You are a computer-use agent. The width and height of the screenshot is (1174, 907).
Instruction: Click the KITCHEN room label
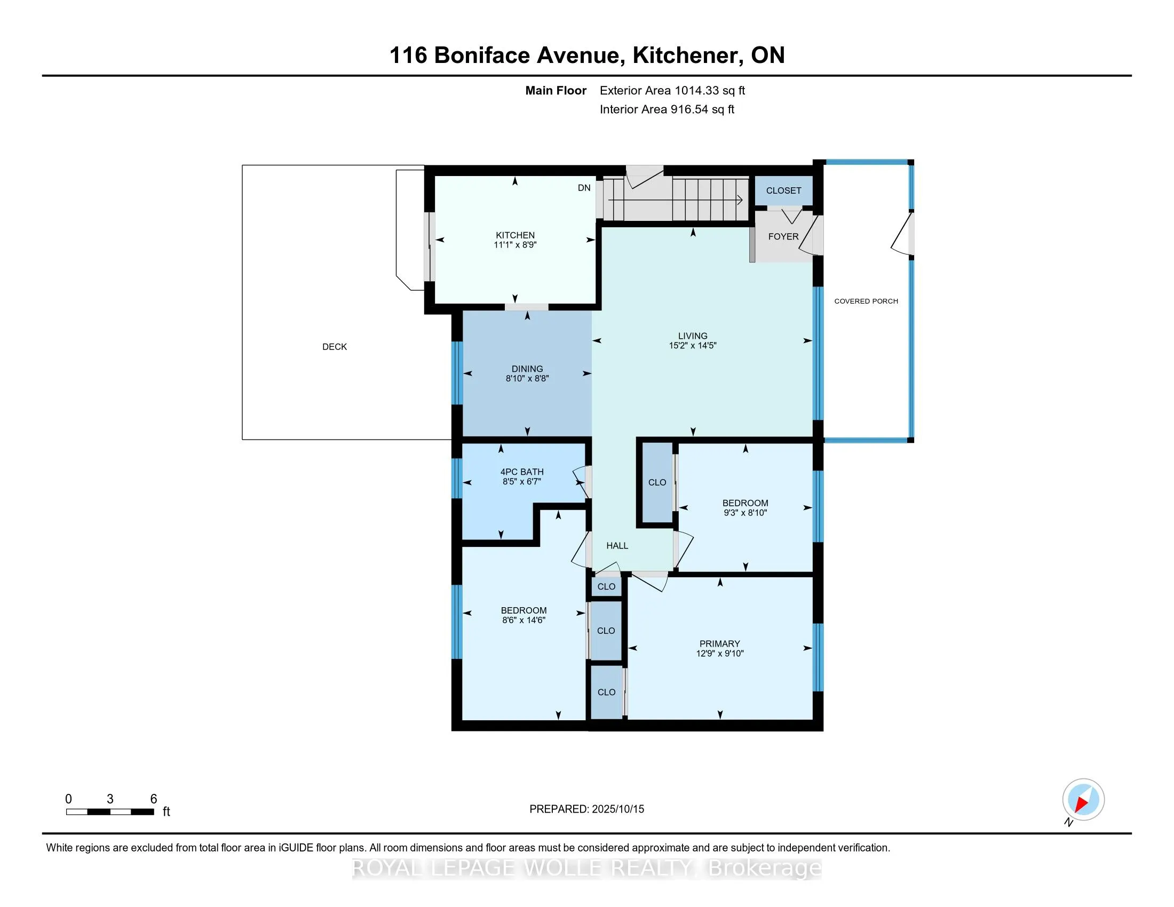[515, 235]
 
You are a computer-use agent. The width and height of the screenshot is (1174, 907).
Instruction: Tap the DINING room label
[527, 369]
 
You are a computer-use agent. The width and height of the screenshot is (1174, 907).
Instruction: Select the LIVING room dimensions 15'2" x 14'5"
[692, 346]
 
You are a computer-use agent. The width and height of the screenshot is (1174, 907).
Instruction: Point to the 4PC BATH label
[521, 472]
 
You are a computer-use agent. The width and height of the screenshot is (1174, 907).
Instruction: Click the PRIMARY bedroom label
[719, 644]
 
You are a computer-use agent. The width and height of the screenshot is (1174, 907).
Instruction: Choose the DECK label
[335, 347]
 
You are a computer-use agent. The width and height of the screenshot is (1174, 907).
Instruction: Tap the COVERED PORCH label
[866, 301]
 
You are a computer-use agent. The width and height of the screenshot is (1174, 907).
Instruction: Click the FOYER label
[783, 236]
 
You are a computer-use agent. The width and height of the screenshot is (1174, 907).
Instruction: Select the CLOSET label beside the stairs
[783, 191]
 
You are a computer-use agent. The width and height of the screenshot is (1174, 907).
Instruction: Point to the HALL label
[617, 546]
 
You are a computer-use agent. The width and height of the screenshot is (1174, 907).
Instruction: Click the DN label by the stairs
[584, 188]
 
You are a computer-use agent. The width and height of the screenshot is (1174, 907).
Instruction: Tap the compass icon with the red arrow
[1083, 800]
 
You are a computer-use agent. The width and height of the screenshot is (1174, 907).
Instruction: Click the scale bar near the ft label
[110, 812]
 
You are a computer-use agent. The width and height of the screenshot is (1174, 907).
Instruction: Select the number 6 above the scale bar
[153, 799]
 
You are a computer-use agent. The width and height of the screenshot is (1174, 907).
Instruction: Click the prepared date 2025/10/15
[617, 809]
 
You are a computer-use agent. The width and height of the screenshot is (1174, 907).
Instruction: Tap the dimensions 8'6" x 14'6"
[523, 620]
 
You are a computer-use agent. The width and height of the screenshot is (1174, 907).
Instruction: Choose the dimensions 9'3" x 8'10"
[745, 513]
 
